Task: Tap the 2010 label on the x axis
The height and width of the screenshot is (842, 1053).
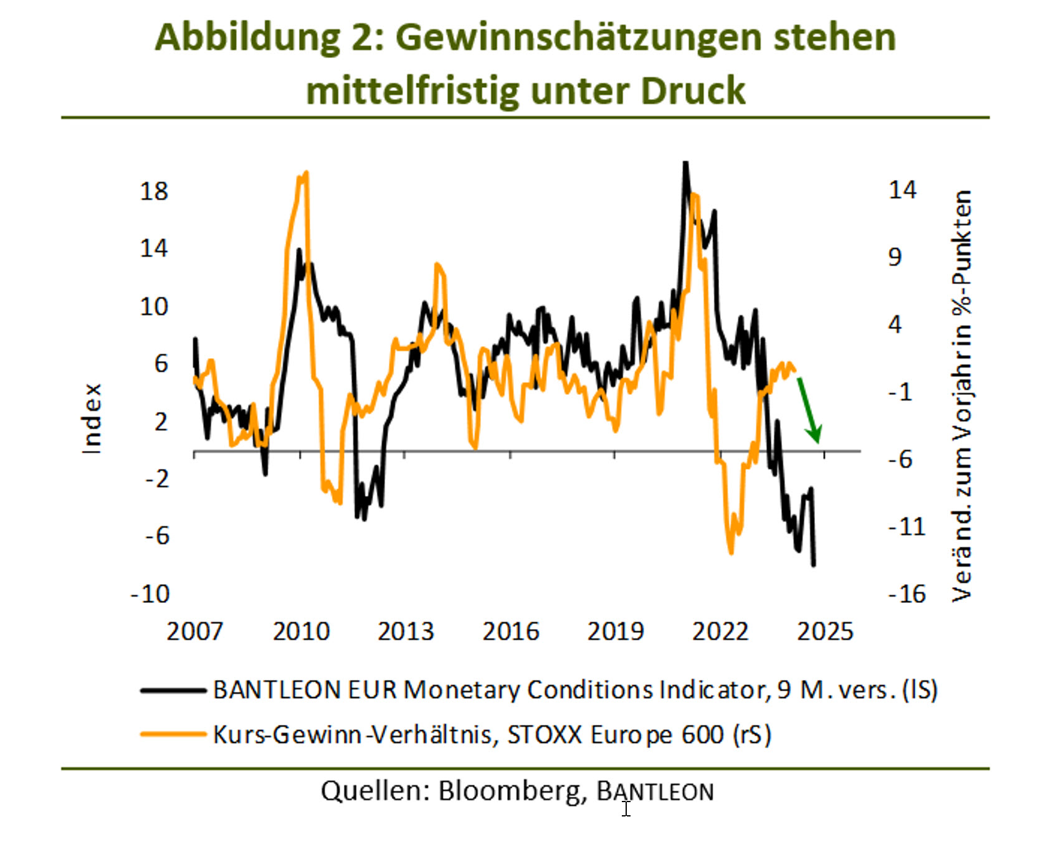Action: pos(301,631)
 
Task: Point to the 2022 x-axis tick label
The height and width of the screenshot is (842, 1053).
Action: pos(720,631)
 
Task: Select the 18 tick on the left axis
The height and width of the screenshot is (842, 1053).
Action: pos(154,191)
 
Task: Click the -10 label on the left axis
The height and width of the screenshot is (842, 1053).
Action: pos(150,594)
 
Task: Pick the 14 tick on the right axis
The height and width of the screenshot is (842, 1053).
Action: pos(902,190)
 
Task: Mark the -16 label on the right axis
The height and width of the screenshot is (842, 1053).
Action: pos(907,594)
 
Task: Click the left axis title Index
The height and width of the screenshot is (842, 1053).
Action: pos(92,419)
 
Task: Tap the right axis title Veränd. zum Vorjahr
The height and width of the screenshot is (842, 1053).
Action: pos(961,396)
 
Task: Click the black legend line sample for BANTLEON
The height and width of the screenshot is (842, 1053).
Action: pos(173,690)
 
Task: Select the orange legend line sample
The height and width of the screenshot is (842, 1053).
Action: pos(173,734)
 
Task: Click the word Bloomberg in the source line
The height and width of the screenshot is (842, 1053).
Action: pos(511,791)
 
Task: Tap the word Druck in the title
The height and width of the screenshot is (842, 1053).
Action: pos(692,91)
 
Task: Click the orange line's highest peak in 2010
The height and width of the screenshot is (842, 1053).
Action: pos(305,174)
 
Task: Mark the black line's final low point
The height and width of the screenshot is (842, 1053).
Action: pos(813,564)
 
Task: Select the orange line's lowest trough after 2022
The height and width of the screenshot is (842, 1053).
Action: pos(731,552)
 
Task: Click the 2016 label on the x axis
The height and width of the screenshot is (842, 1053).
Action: pos(511,631)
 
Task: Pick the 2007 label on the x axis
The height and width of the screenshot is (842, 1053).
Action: pos(194,631)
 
